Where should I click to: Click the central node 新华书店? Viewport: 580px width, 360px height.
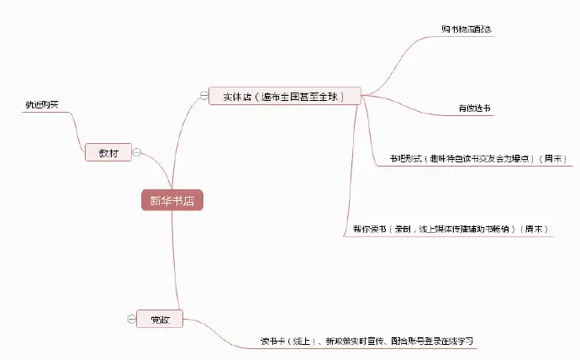click(171, 201)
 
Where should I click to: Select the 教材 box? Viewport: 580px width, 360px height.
click(108, 153)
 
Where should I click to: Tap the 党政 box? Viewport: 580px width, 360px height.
click(159, 320)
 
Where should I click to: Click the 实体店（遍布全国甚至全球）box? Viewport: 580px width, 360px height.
click(286, 96)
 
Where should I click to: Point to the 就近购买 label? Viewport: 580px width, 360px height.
click(41, 104)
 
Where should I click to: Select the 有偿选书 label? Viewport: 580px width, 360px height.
click(474, 109)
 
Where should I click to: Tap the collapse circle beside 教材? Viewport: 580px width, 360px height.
click(137, 152)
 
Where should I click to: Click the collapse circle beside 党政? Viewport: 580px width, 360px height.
click(130, 320)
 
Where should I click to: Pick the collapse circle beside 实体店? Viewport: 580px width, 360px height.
click(203, 95)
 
